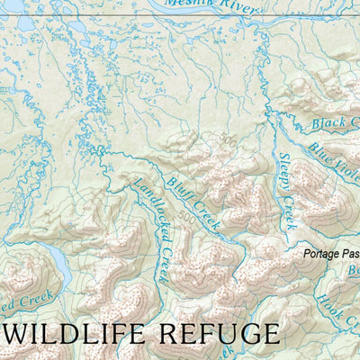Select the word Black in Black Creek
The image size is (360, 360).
[x=326, y=121]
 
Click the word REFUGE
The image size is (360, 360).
[x=219, y=334]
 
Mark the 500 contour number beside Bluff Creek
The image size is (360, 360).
[x=187, y=217]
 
